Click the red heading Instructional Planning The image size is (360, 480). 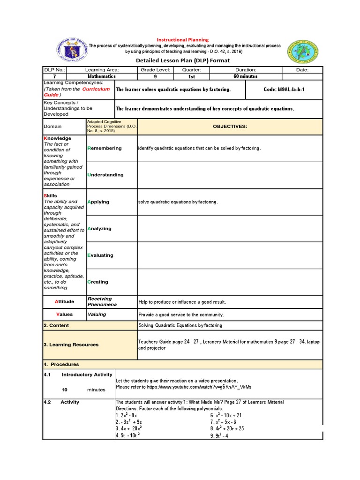tap(182, 40)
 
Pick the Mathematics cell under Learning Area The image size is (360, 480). tap(102, 76)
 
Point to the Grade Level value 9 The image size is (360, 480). tap(155, 76)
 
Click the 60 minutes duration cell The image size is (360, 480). tap(246, 76)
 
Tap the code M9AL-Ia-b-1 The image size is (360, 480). tap(285, 89)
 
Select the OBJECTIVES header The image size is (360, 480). tap(230, 127)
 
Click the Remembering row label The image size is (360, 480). tap(105, 148)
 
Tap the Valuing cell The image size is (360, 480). tap(97, 315)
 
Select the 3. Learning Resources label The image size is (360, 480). tap(71, 345)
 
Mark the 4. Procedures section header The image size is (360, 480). tap(61, 364)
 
